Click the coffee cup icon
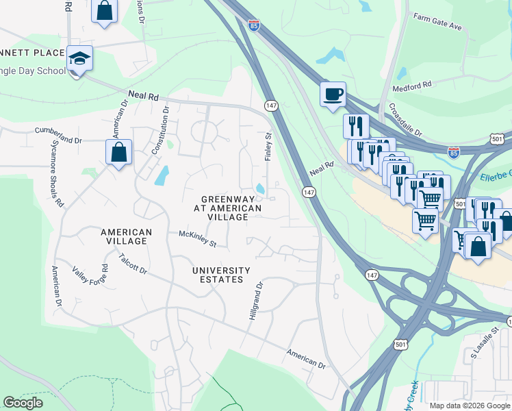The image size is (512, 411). pos(333,95)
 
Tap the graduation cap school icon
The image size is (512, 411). pos(79,60)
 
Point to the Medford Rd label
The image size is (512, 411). pos(412,86)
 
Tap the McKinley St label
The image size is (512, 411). pos(197,238)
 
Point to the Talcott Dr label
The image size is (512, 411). pos(133,264)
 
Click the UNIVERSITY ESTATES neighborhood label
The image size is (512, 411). pos(220,275)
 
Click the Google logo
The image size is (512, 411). pos(23,403)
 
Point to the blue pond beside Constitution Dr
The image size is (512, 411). pos(161,176)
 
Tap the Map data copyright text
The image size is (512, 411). pos(470,406)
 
